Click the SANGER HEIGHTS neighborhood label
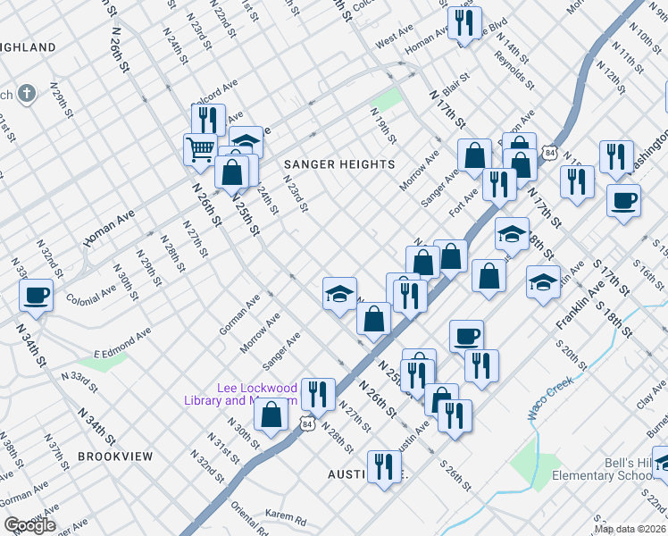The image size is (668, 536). click(x=338, y=164)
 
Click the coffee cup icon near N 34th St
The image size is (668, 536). click(x=38, y=295)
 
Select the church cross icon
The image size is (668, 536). click(x=28, y=93)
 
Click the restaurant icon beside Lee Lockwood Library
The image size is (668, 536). click(x=317, y=393)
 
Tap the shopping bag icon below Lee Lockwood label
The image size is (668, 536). click(x=272, y=414)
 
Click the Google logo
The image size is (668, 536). click(x=29, y=525)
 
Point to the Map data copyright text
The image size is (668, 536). click(x=630, y=529)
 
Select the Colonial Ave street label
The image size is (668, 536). click(x=91, y=292)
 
